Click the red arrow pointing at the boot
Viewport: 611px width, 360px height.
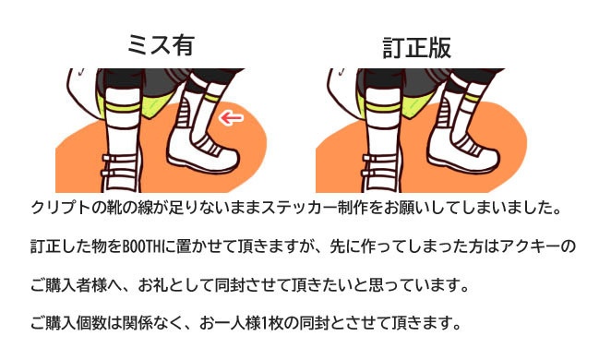pyautogui.click(x=233, y=118)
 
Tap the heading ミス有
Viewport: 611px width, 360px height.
pyautogui.click(x=162, y=45)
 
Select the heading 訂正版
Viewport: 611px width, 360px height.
pyautogui.click(x=416, y=45)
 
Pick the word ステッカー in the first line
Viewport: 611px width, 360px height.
pyautogui.click(x=304, y=206)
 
